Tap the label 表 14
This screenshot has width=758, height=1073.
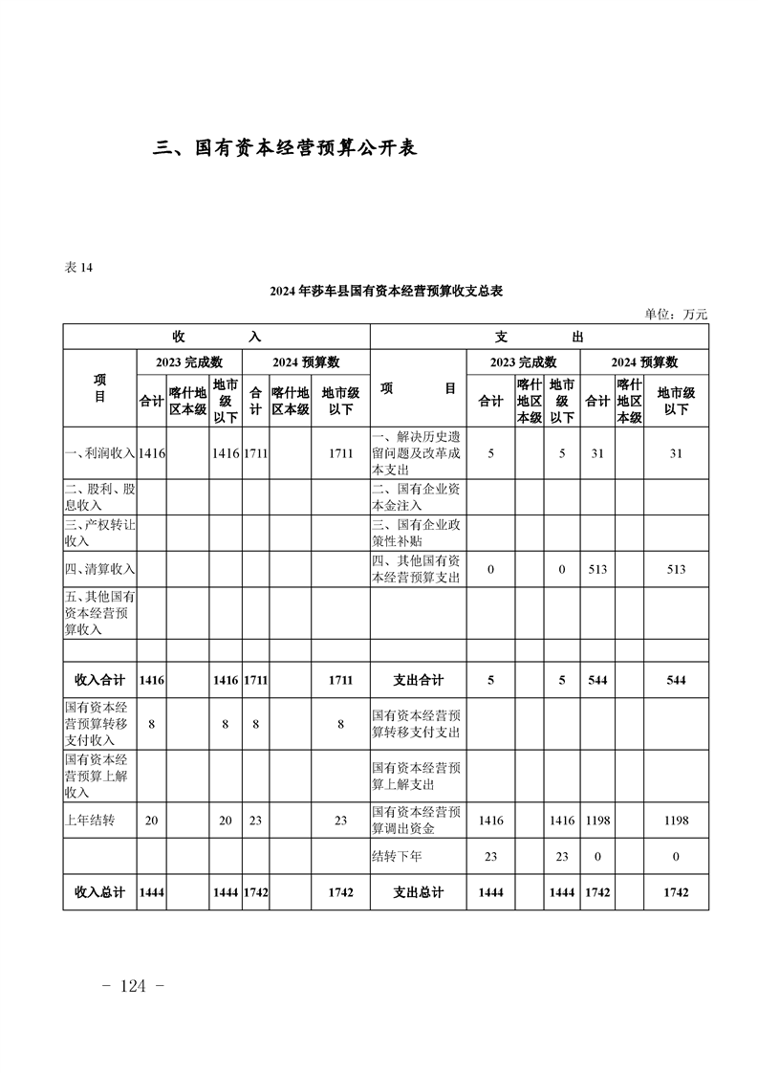pos(78,268)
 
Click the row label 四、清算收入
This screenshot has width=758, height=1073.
pos(99,569)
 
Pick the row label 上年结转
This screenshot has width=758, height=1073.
pos(90,821)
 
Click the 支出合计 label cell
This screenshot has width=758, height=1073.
pos(418,680)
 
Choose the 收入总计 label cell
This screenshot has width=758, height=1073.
pos(99,892)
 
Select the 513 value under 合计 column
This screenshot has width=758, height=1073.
pos(597,569)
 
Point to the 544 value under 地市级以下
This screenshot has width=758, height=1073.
pos(676,680)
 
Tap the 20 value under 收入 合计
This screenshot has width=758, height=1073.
pos(151,821)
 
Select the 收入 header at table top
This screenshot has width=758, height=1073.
pos(216,337)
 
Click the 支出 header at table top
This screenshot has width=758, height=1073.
pos(539,337)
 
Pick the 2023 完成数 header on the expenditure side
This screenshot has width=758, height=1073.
pos(523,362)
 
